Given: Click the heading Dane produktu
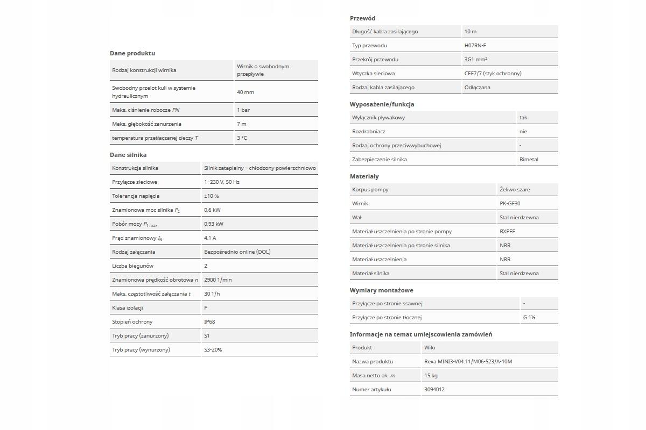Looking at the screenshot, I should tap(132, 53).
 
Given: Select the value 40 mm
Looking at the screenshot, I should tap(245, 92).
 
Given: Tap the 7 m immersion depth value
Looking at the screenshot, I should tap(242, 124).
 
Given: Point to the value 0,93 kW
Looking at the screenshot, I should tap(214, 224).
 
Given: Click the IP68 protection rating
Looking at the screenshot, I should tap(209, 322).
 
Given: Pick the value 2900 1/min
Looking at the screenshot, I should tap(218, 280).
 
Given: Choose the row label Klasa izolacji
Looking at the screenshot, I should tap(128, 308).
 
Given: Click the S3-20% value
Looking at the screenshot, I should tap(213, 350).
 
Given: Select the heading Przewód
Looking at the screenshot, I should tap(362, 18).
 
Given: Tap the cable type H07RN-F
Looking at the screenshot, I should tap(475, 46).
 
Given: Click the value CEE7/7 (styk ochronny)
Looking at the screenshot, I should tap(493, 74).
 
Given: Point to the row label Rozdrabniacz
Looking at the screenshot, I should tap(369, 132).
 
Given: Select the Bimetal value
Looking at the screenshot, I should tap(529, 160).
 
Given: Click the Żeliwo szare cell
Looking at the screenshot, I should tap(515, 190).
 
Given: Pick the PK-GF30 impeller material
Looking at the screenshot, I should tap(510, 204).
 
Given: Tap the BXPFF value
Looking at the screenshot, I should tap(507, 232).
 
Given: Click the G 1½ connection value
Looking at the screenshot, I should tap(529, 318).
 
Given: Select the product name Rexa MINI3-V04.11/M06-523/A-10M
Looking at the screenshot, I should tap(468, 362).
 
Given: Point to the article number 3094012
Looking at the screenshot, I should tap(434, 390).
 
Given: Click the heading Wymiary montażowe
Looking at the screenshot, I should tap(381, 290).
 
